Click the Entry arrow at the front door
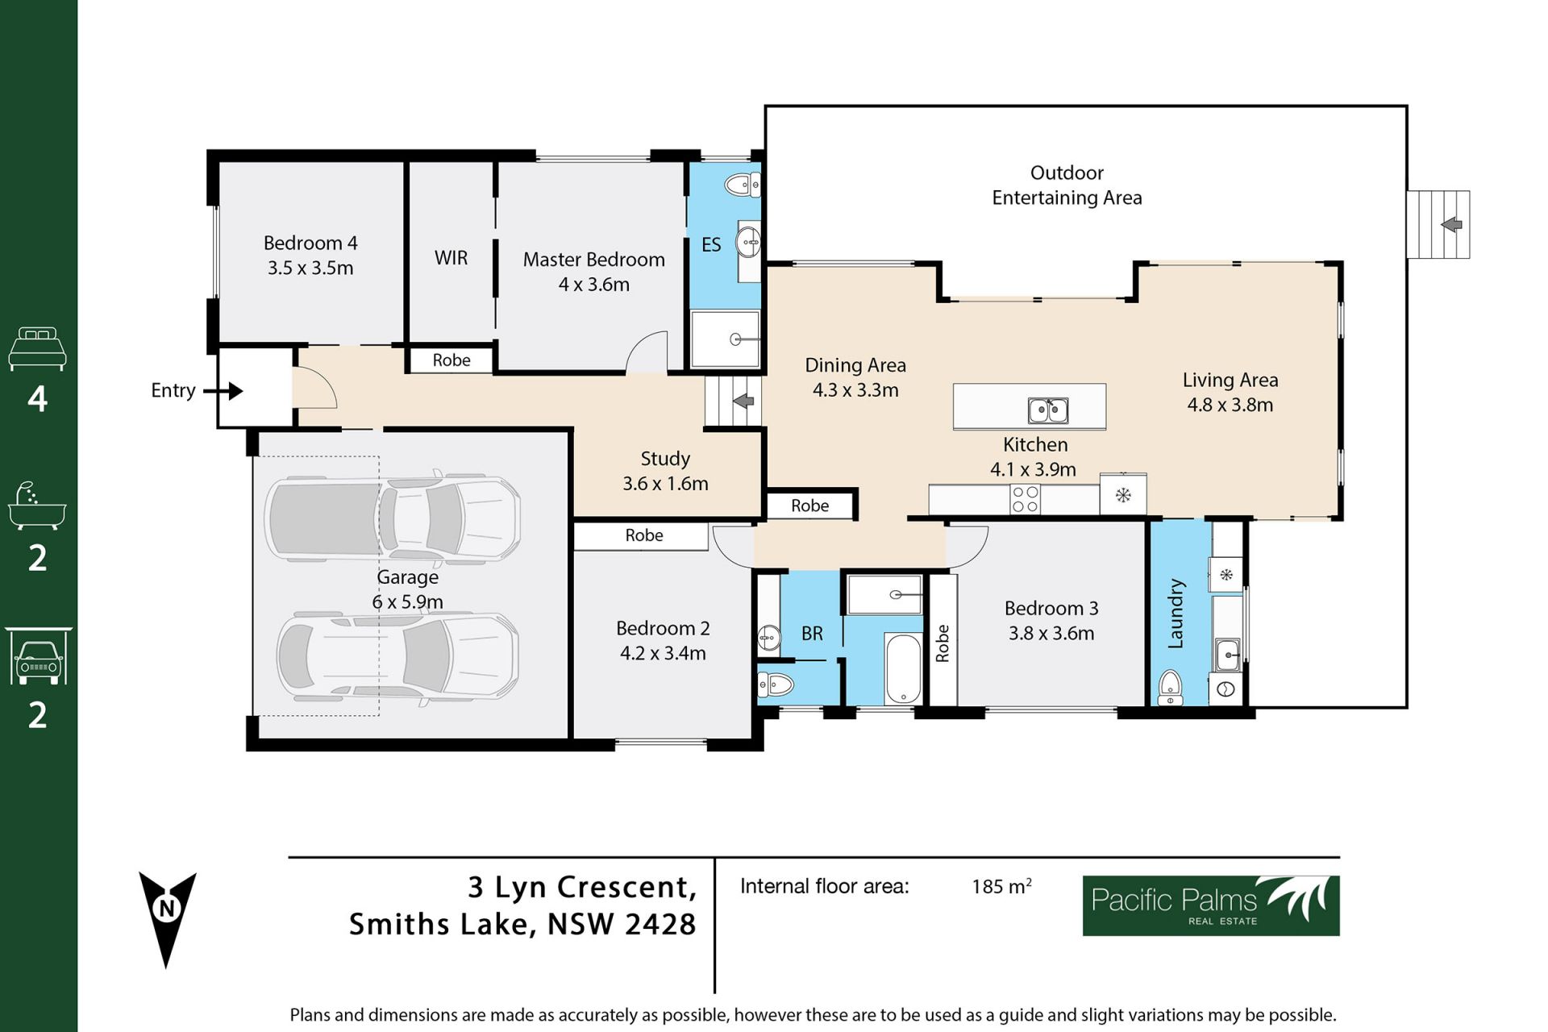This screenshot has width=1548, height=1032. coord(223,391)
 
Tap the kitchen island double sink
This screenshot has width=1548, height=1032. coord(1048,410)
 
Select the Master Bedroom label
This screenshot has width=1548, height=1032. coord(594,260)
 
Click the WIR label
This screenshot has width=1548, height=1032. coord(451,258)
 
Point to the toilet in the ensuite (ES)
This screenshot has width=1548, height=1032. coord(743,185)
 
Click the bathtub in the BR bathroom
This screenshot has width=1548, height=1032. coord(903,668)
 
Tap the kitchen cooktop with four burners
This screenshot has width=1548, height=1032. coord(1025,499)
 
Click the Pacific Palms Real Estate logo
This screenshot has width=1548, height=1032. coord(1211,905)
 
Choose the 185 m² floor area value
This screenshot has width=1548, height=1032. coord(1001,886)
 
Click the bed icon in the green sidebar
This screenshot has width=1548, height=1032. coord(37,348)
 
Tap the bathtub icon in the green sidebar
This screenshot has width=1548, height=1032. coord(37,506)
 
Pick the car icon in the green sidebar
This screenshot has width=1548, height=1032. coord(38,656)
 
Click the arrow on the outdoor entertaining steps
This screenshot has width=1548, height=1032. coord(1451,224)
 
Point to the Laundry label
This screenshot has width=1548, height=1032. coord(1176,614)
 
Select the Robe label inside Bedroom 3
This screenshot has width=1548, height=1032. coord(943,643)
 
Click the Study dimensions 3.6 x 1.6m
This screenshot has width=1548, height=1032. coord(665,484)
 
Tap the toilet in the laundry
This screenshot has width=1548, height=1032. coord(1170,687)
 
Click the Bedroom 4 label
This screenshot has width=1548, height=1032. coord(310,243)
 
